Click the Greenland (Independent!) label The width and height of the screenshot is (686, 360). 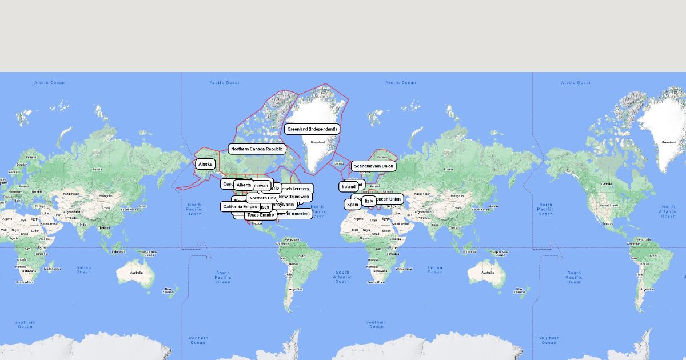(x=312, y=129)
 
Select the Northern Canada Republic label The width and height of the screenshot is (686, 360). (x=257, y=149)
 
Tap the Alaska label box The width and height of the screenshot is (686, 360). (x=205, y=164)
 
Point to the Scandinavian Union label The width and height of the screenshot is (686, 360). (x=374, y=166)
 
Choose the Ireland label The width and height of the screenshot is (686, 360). (x=348, y=187)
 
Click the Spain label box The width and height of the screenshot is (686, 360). (x=353, y=205)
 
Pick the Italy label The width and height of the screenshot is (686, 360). (x=369, y=201)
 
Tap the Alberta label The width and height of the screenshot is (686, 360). (x=244, y=185)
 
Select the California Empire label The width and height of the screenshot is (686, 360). (x=240, y=206)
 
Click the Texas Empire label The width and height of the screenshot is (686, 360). (x=260, y=215)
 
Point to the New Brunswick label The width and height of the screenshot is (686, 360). (x=294, y=197)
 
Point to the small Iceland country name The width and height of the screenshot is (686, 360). (x=339, y=163)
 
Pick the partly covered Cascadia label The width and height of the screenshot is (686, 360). (x=227, y=184)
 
